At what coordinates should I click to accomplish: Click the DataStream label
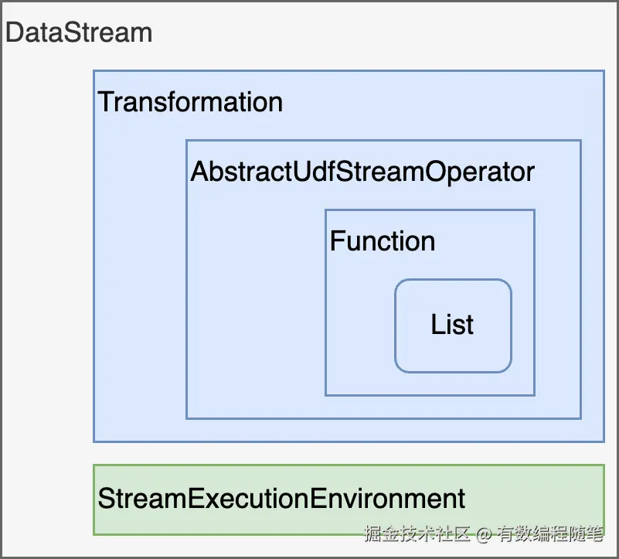[78, 33]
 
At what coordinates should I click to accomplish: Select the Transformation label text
[190, 102]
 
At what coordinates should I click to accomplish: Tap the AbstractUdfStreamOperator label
[362, 171]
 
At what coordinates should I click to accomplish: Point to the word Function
[383, 241]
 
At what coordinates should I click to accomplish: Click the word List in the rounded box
[452, 325]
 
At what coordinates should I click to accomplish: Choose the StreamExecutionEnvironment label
[281, 499]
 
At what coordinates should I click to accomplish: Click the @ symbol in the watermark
[484, 533]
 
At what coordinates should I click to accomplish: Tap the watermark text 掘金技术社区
[417, 533]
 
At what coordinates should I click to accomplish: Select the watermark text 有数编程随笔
[549, 533]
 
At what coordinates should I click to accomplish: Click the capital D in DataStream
[15, 33]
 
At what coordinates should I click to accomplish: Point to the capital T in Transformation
[105, 102]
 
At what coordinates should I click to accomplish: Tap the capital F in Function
[337, 241]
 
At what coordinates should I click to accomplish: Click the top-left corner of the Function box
[325, 210]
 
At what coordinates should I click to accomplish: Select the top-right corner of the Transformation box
[604, 71]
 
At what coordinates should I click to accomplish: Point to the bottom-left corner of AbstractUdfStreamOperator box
[186, 418]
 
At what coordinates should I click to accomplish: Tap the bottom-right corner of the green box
[604, 534]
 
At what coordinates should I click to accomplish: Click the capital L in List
[437, 325]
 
